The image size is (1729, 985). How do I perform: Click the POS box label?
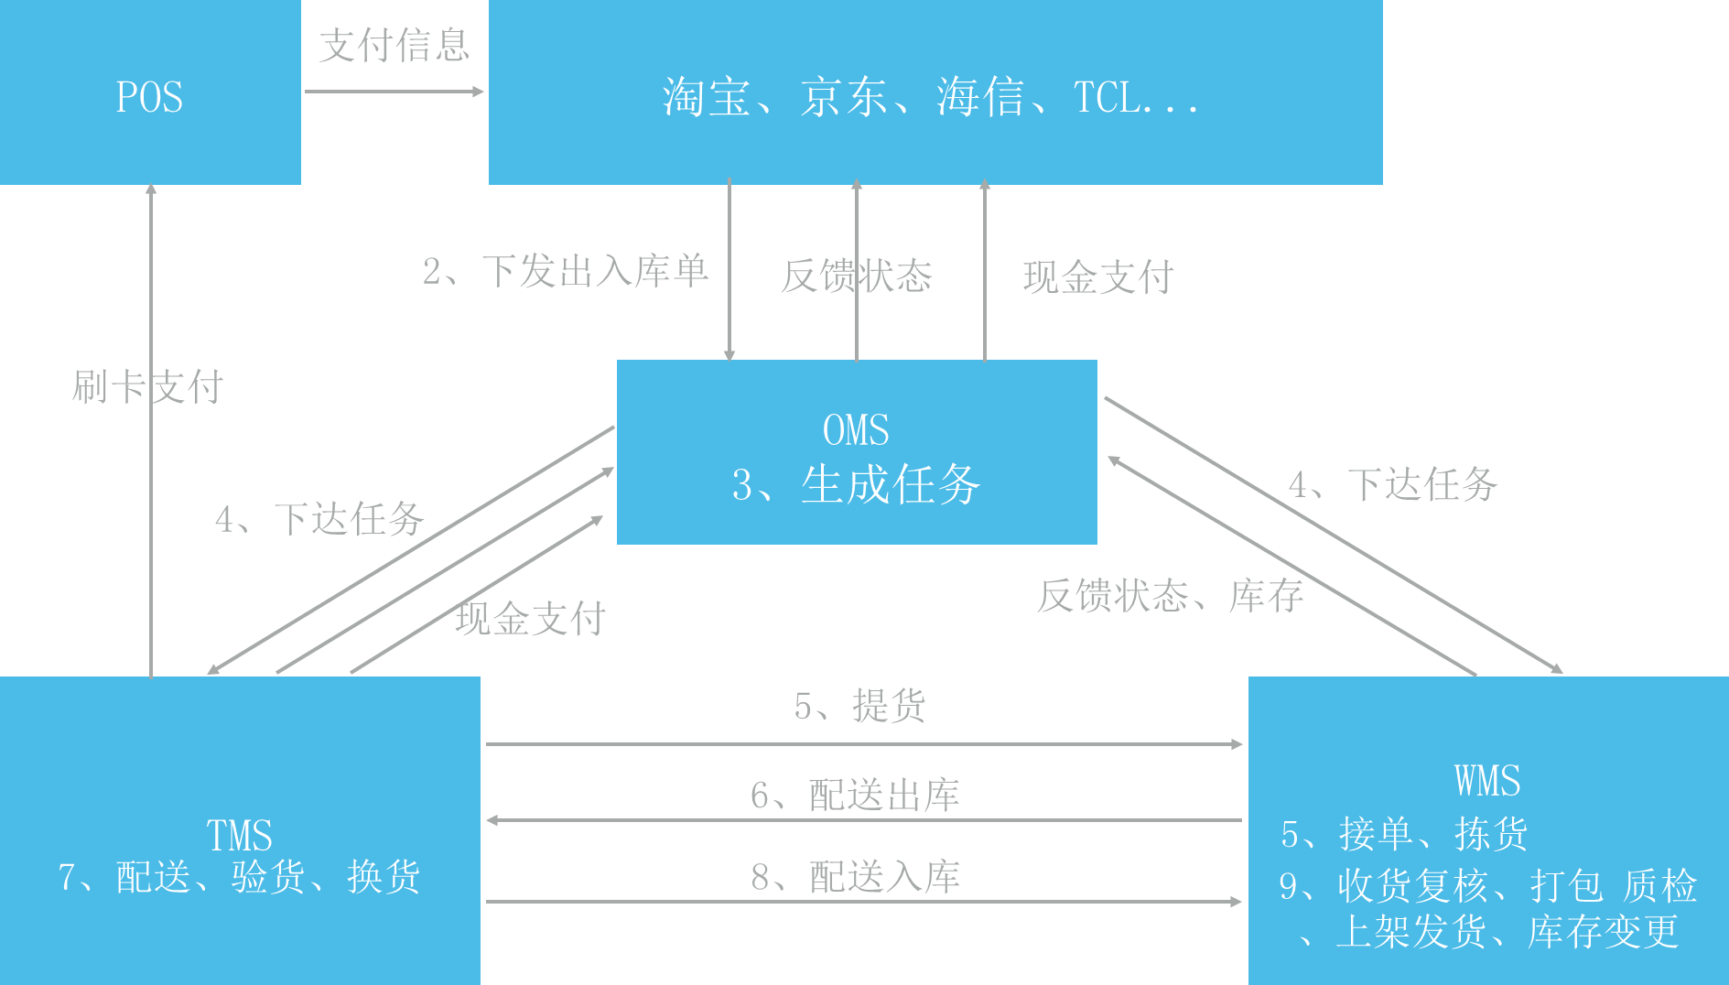[x=149, y=97]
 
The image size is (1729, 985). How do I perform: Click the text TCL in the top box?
[x=1108, y=97]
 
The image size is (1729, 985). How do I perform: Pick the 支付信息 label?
[x=394, y=45]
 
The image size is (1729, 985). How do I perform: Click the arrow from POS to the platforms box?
[x=394, y=92]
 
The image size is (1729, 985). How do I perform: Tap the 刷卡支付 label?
[x=147, y=386]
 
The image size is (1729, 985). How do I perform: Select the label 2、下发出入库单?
[x=565, y=271]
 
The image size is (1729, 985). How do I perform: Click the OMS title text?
[x=856, y=430]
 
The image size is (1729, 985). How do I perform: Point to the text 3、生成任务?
[x=856, y=484]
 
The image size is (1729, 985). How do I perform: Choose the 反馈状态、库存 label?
[x=1170, y=596]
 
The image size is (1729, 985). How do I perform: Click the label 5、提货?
[x=859, y=706]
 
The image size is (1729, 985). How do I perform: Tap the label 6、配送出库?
[x=855, y=795]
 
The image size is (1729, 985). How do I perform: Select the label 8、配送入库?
[x=855, y=877]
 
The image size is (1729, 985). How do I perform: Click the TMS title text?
[x=239, y=835]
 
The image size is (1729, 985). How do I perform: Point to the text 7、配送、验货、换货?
[x=239, y=877]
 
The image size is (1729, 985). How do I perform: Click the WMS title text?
[x=1487, y=781]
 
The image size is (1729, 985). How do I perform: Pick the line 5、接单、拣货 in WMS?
[x=1404, y=834]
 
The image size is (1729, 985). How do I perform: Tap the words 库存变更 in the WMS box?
[x=1603, y=932]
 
